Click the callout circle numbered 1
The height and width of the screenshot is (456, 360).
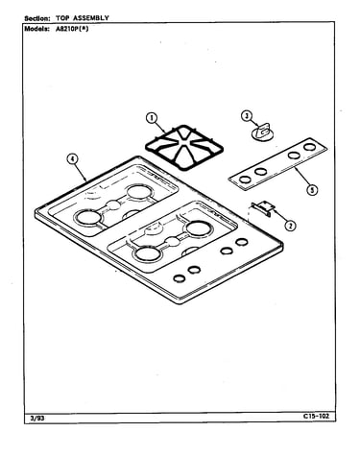(x=151, y=118)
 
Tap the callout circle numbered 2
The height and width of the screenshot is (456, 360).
(x=290, y=226)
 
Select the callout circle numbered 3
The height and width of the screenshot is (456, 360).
(x=247, y=116)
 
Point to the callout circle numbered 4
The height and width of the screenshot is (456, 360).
(x=73, y=159)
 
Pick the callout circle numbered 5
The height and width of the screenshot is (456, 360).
(x=312, y=190)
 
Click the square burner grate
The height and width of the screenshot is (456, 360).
(x=184, y=148)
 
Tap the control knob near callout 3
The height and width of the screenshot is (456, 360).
(x=263, y=132)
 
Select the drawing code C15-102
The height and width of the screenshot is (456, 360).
(x=316, y=416)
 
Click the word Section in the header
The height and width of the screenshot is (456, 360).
(x=37, y=18)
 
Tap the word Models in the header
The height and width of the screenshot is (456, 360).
(x=36, y=29)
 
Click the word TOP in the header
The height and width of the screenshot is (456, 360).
(x=62, y=18)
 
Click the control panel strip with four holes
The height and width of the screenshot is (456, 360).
(x=277, y=164)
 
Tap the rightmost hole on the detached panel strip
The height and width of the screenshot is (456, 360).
(x=309, y=147)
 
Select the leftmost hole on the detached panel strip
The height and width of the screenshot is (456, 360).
(x=246, y=180)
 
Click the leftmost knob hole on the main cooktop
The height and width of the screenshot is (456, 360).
(x=180, y=278)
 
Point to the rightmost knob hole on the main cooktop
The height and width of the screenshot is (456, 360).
(x=242, y=242)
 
